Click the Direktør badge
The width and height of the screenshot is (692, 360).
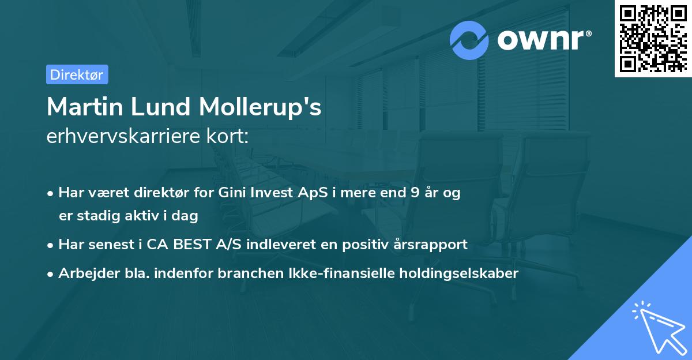77,74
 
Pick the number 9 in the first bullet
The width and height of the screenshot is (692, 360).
415,193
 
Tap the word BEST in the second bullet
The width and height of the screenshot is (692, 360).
188,245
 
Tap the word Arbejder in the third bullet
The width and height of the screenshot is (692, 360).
82,273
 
